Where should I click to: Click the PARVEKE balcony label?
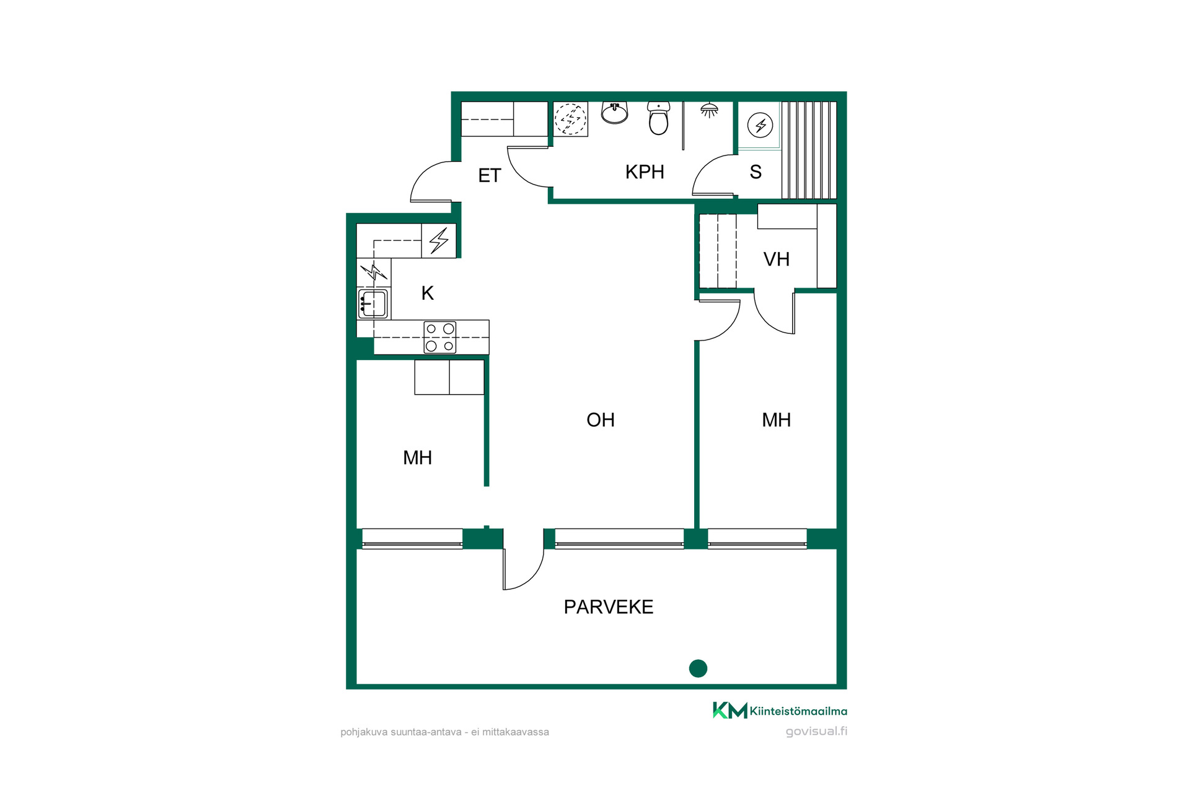[x=608, y=607]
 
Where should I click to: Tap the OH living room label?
[x=601, y=420]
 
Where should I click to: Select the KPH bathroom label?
[x=645, y=172]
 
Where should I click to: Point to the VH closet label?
[x=777, y=259]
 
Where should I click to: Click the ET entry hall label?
[x=489, y=176]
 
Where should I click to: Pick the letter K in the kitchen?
[x=427, y=293]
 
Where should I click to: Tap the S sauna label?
[x=756, y=172]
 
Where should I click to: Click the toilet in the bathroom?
[x=659, y=118]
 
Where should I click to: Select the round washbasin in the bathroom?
[x=614, y=113]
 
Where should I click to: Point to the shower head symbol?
[x=709, y=110]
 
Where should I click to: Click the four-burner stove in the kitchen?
[x=440, y=337]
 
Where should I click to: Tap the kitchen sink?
[x=373, y=304]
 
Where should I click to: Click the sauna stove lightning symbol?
[x=760, y=126]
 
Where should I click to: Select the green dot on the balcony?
[x=698, y=668]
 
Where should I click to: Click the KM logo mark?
[x=730, y=711]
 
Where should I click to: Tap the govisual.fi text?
[x=816, y=731]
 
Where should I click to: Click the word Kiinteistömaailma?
[x=798, y=711]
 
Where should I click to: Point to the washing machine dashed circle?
[x=570, y=118]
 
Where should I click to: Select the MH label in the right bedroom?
[x=777, y=420]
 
